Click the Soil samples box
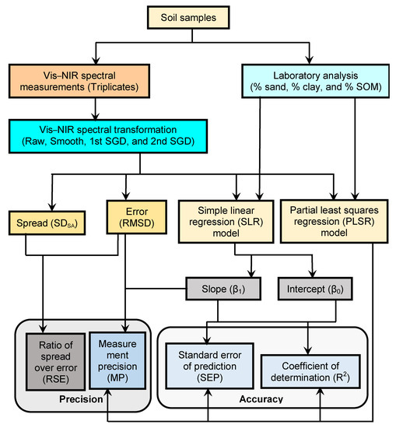[x=197, y=15]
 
